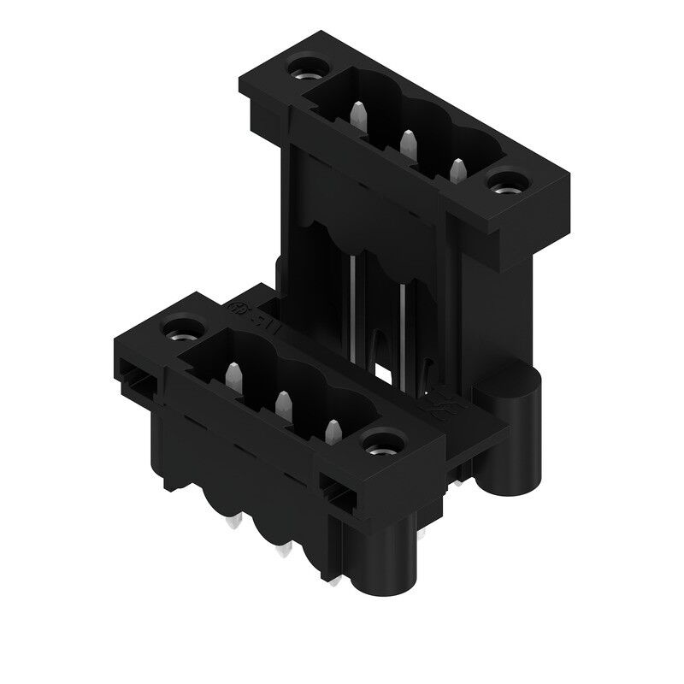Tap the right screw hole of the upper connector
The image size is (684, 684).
[510, 181]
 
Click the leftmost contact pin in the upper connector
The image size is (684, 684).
[359, 115]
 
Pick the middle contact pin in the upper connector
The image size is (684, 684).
[408, 143]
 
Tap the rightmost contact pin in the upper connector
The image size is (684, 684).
[458, 169]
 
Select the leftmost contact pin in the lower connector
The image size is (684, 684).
[232, 374]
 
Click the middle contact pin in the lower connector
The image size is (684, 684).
[280, 403]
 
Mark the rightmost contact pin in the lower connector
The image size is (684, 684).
[330, 430]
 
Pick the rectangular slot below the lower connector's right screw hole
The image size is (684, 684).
[336, 492]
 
